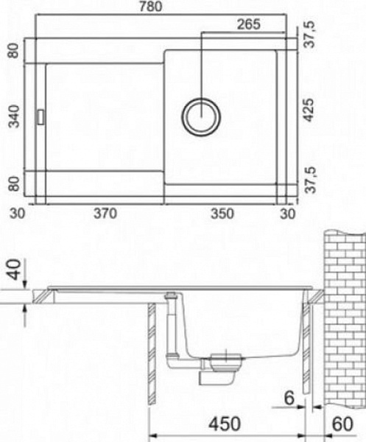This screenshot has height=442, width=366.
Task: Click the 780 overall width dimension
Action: pos(150,6)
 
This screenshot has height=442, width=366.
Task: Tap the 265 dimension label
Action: pos(248,24)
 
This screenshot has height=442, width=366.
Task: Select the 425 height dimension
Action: pos(309,110)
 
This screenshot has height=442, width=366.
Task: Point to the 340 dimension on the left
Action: pos(13,116)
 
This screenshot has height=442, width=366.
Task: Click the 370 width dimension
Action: pos(105,214)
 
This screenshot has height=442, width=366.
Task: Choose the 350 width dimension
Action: pos(222,214)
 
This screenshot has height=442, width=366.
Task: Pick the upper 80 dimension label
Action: pos(13,51)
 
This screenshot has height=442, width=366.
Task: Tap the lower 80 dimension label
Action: pos(13,183)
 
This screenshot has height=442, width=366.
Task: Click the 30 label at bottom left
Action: pos(17,214)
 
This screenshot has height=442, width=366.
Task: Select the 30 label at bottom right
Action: pos(288,214)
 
